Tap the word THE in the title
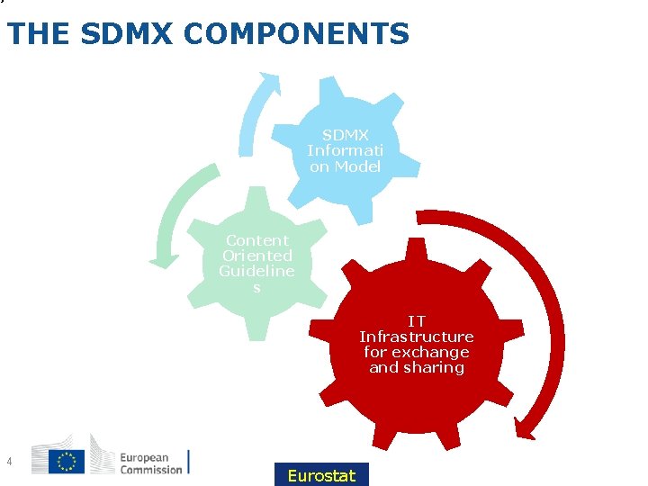pos(39,34)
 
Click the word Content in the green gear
pos(256,240)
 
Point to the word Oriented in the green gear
pos(256,256)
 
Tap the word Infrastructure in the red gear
pos(417,337)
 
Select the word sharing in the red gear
pos(434,367)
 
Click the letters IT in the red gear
pos(417,320)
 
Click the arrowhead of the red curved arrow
pos(534,422)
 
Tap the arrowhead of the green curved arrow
pos(163,259)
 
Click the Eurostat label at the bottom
pos(321,475)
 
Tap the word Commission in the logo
pos(150,469)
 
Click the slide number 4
pos(8,462)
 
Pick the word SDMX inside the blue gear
pos(345,136)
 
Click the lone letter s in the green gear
pos(256,287)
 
